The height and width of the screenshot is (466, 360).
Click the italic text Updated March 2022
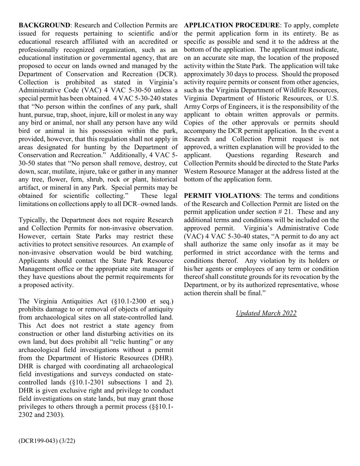pos(266,313)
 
